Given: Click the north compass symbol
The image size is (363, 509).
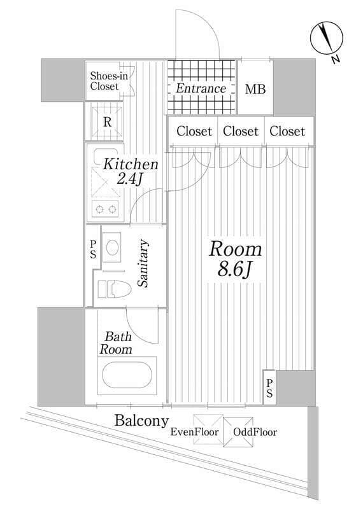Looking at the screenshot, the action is click(326, 38).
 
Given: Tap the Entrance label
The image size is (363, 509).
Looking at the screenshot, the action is click(201, 88).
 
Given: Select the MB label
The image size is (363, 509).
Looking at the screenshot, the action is click(255, 89).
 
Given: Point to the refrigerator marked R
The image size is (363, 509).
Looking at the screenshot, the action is click(107, 122).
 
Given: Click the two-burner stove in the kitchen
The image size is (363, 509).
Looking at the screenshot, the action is click(106, 209).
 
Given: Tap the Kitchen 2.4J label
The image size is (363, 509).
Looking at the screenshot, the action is click(131, 171).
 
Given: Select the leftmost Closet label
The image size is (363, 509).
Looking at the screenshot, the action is click(194, 131).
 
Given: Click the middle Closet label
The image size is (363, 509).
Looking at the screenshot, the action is click(241, 131).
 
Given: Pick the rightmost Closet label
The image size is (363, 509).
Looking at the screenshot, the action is click(287, 131).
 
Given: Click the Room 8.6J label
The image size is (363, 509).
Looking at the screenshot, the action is click(235, 259).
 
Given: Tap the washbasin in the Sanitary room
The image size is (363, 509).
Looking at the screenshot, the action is click(112, 248).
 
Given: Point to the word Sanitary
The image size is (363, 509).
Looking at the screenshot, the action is click(143, 263).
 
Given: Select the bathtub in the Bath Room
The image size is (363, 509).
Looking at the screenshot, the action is click(127, 375).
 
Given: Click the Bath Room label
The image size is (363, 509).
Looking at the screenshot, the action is click(116, 343).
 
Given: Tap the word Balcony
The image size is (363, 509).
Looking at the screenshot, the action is click(141, 421).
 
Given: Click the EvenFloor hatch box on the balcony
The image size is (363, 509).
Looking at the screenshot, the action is click(208, 429).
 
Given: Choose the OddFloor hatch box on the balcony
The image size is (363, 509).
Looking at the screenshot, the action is click(238, 432).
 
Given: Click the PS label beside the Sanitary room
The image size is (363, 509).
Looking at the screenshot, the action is click(93, 249).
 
